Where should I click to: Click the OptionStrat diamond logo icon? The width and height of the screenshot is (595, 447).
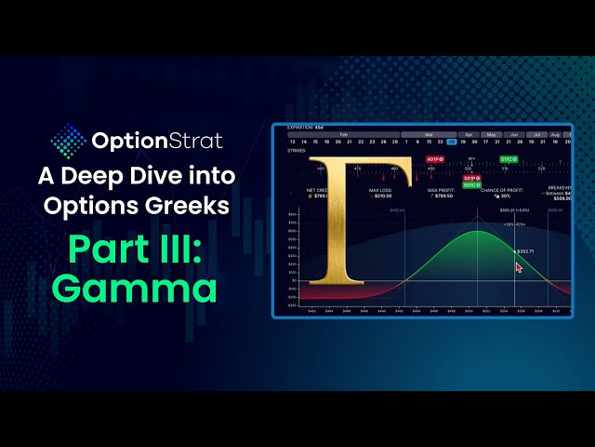[67, 142]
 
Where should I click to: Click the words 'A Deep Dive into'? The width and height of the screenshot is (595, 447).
[135, 177]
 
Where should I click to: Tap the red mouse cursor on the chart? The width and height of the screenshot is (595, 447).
[519, 266]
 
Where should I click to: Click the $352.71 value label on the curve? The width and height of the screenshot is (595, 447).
[527, 251]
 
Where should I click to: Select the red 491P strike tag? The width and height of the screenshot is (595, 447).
[433, 160]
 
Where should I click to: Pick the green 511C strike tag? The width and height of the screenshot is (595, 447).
[509, 160]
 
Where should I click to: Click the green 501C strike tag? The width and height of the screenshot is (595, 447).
[472, 184]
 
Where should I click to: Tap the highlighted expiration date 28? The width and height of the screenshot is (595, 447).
[452, 142]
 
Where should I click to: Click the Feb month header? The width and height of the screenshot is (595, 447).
[344, 134]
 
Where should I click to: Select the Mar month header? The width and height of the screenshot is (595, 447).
[430, 134]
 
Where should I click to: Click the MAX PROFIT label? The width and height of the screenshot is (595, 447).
[441, 191]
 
